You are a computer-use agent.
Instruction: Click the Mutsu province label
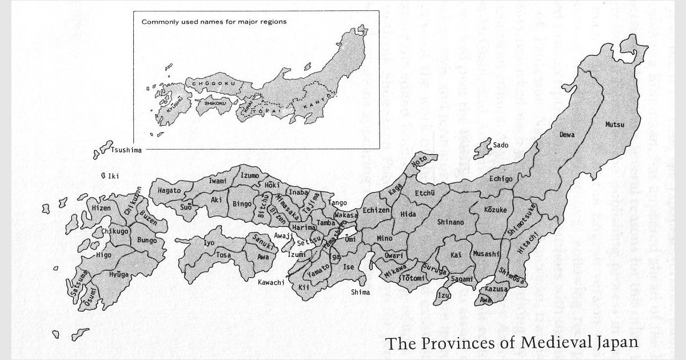tap(615, 124)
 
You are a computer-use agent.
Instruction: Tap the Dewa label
tap(567, 134)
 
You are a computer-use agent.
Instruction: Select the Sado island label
tap(500, 145)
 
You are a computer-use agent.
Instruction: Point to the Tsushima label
tap(126, 150)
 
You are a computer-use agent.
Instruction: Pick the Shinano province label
tap(450, 222)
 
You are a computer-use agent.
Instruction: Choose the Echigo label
tap(501, 179)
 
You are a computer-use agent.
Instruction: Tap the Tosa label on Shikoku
tap(223, 255)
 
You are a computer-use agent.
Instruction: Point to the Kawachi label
tap(271, 282)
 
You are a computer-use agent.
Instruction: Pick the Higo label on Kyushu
tap(103, 255)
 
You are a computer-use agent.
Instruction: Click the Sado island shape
tap(483, 149)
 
